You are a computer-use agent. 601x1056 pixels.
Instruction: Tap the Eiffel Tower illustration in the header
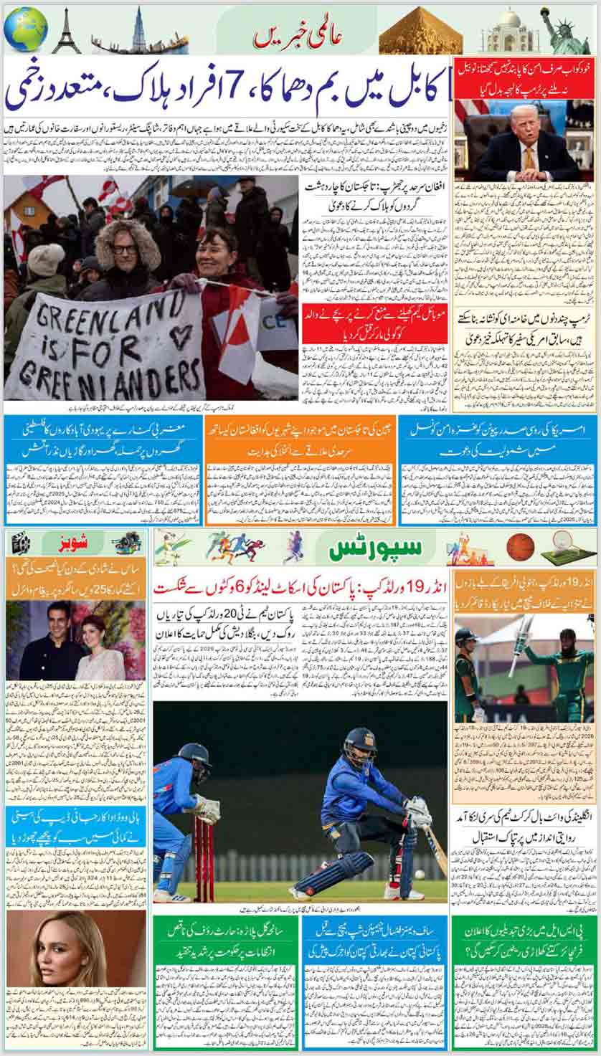[66, 32]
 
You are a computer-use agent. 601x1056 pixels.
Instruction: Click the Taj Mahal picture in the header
[509, 31]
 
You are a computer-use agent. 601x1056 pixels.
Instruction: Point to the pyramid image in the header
[421, 35]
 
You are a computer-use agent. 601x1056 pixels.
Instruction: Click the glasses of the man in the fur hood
[124, 249]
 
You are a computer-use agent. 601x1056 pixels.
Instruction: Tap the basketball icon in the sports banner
[520, 547]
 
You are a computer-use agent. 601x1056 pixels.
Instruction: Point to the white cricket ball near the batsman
[418, 874]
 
